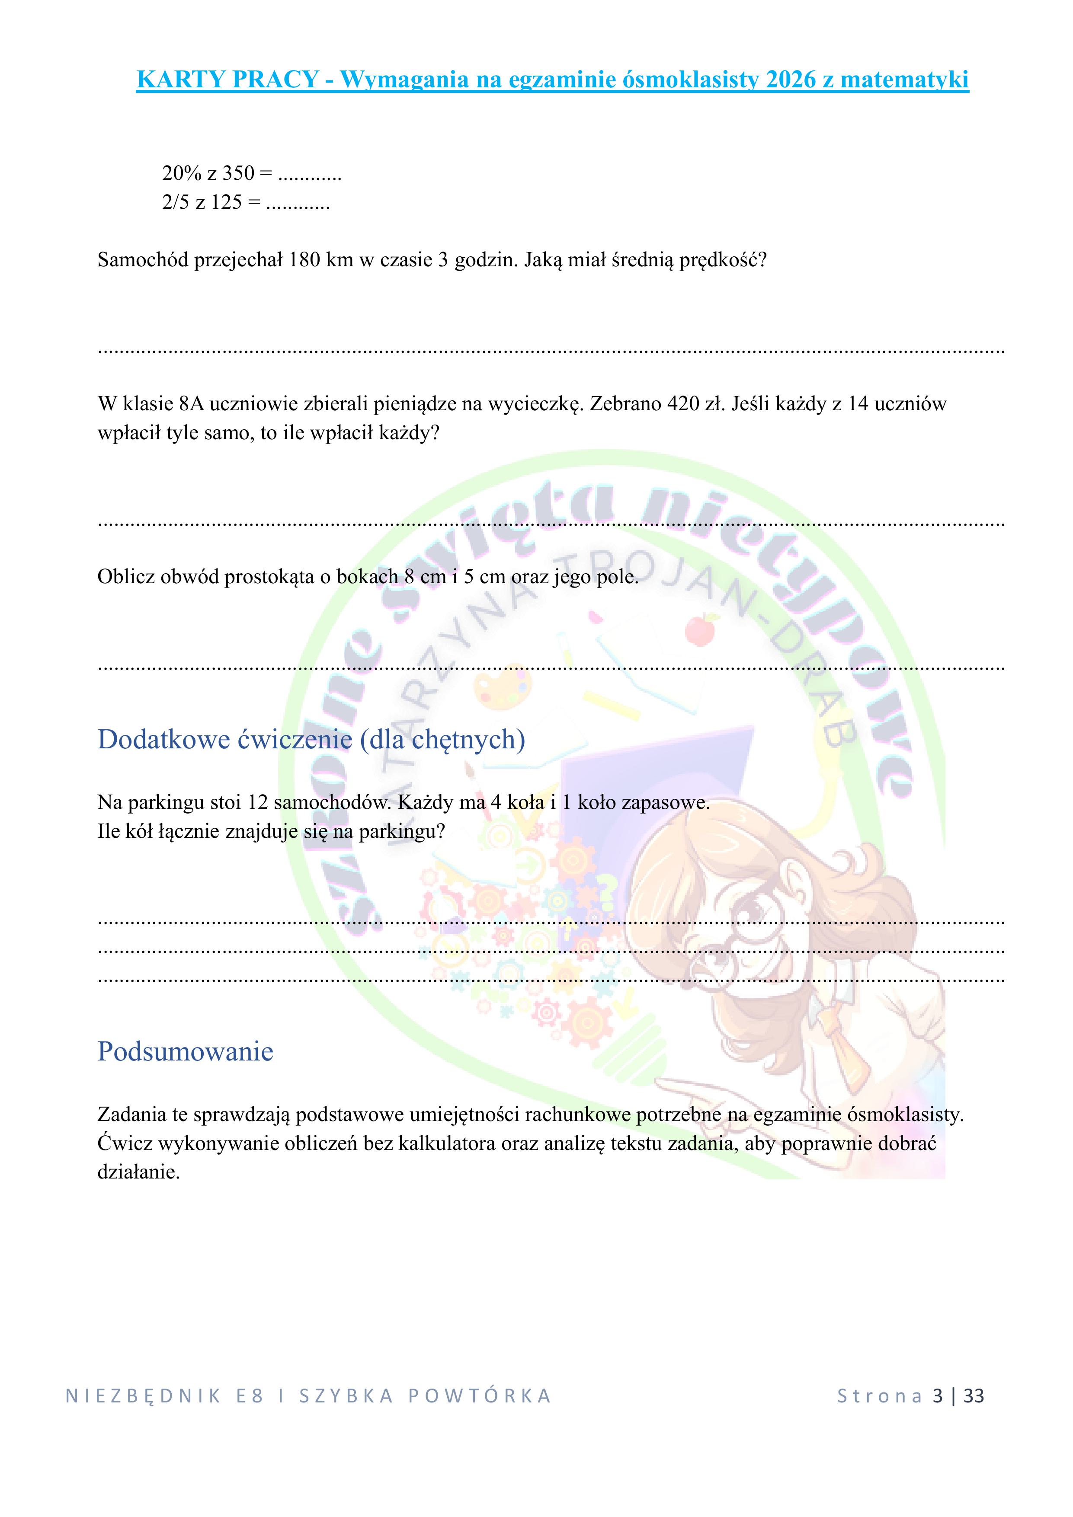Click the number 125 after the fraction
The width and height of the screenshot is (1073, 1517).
pos(226,202)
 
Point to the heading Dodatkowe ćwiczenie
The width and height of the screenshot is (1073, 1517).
pos(225,739)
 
